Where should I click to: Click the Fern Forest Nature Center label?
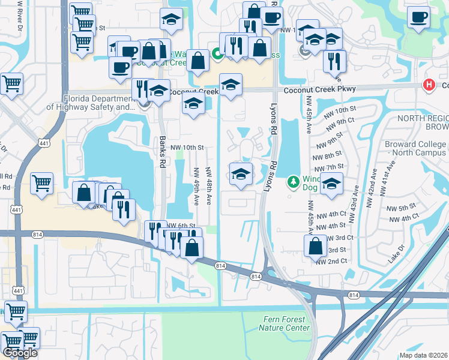point(285,323)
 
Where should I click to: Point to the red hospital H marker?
point(429,85)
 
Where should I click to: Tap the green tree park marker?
point(293,181)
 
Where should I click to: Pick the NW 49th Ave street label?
point(196,186)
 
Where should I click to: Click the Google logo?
point(19,353)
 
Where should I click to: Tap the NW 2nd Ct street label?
point(332,262)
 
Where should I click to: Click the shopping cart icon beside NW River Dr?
point(11,85)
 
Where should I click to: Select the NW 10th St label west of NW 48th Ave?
point(187,147)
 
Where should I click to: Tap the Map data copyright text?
point(423,355)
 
